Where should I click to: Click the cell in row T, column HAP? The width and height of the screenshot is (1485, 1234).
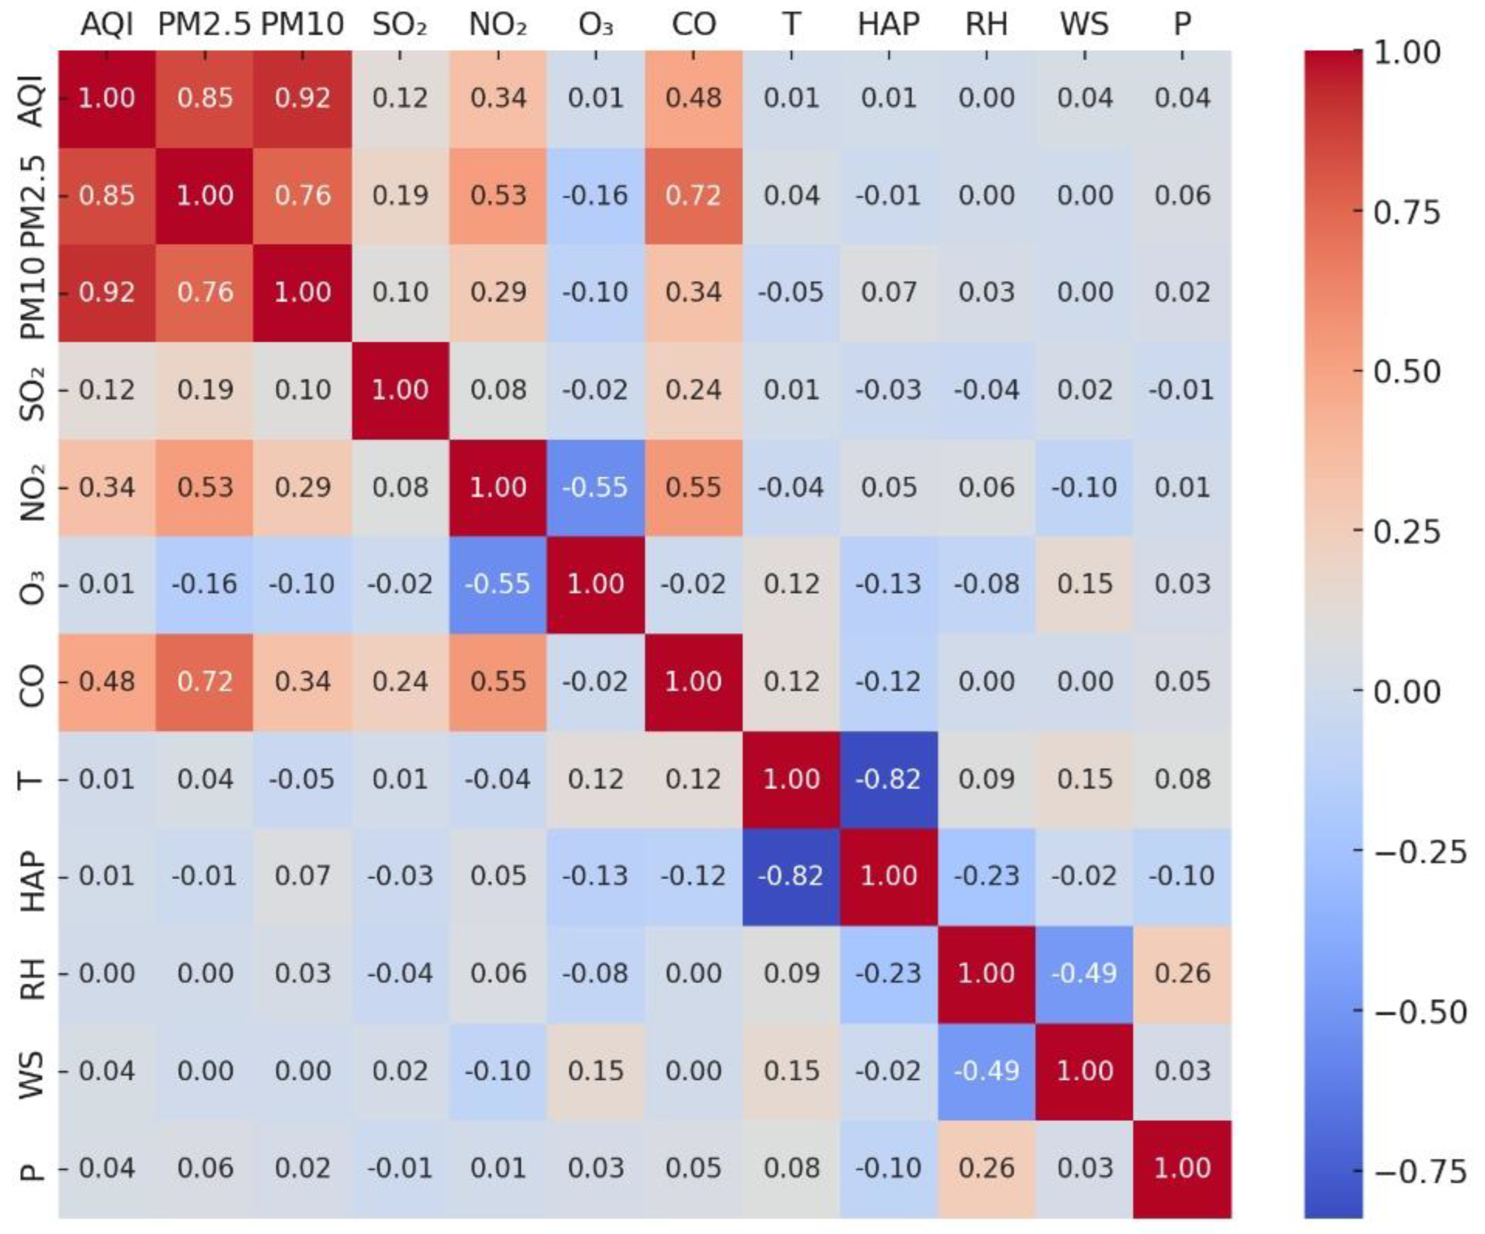889,779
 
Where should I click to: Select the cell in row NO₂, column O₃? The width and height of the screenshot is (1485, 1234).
595,487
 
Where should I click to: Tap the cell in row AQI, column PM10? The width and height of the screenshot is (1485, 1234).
302,98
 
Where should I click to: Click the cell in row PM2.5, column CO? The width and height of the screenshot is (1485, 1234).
693,195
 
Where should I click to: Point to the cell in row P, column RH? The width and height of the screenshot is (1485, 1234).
986,1168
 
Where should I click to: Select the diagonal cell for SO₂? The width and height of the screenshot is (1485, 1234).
400,390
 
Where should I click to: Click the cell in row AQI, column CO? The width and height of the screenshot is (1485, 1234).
693,98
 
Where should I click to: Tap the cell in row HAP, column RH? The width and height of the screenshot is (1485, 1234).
986,876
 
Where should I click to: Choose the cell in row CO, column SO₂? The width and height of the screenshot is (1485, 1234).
400,682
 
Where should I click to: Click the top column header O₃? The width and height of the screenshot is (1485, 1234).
595,25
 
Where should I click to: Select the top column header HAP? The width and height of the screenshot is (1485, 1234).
889,25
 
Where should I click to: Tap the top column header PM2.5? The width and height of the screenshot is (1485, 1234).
204,25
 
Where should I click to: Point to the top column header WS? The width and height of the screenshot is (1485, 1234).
1085,25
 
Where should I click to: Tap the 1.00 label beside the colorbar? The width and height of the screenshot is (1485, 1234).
1407,52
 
